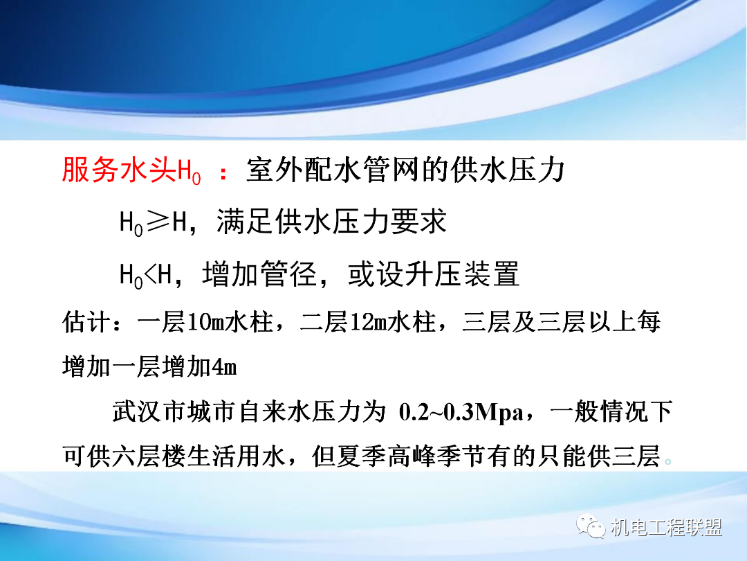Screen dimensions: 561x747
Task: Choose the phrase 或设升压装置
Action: click(x=433, y=275)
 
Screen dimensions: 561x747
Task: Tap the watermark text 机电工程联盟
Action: click(x=667, y=528)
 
